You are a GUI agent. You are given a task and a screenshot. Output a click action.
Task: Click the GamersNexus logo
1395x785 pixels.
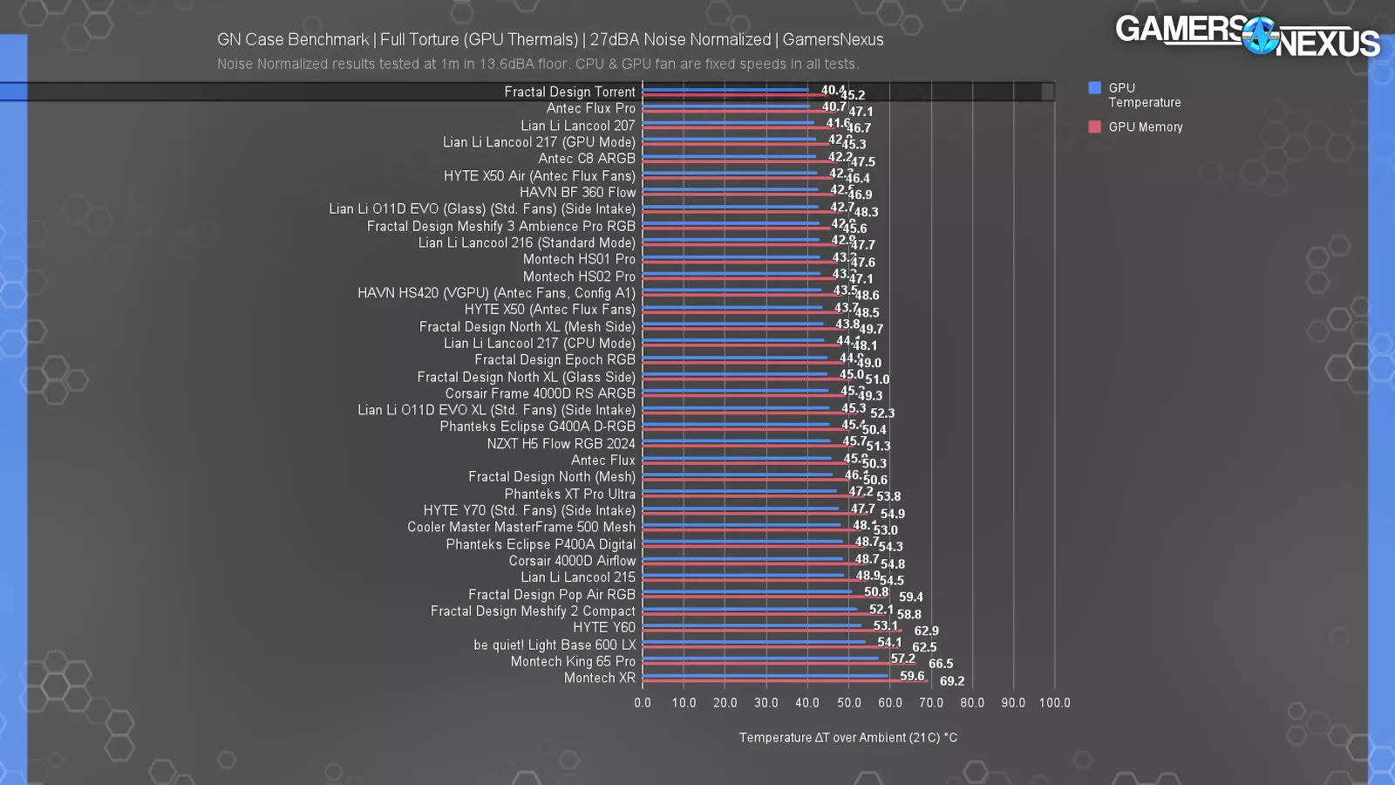pos(1247,36)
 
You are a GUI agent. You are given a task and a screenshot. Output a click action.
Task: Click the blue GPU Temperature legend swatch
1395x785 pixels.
pos(1094,87)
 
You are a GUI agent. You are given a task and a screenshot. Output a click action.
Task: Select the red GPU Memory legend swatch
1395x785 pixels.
pos(1094,126)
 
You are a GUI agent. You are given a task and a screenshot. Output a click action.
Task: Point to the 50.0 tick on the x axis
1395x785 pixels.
pos(848,703)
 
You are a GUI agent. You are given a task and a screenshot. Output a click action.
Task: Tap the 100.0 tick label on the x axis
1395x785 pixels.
pos(1054,703)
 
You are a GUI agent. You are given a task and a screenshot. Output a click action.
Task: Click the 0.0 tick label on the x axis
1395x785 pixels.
pos(643,703)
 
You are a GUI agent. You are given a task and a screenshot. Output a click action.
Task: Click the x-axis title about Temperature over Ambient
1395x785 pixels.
pos(847,738)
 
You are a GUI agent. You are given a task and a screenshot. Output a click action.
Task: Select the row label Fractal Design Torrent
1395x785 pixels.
pos(569,92)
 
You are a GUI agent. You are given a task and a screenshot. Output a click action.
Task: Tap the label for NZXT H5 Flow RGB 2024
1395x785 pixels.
pos(561,443)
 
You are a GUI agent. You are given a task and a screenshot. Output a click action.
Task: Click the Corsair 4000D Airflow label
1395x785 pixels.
pos(572,561)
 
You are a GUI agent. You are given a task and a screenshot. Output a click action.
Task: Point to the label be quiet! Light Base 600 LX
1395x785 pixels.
pos(555,645)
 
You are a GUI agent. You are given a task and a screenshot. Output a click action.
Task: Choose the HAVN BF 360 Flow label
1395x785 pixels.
pos(577,192)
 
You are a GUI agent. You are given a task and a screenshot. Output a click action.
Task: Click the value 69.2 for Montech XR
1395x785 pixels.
pos(951,681)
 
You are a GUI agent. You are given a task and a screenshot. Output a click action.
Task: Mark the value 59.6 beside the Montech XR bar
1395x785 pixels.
pos(912,676)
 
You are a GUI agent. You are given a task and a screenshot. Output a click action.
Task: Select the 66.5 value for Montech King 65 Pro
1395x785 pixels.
pos(940,664)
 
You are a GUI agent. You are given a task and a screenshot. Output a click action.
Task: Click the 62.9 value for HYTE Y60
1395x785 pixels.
pos(926,631)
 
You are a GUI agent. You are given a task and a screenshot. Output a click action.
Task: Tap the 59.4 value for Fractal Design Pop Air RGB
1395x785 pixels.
pos(910,597)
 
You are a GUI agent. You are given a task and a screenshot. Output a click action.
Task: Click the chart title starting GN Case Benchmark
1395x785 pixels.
pos(550,40)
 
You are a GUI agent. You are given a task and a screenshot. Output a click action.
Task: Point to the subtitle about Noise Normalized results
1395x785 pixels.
pos(538,64)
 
